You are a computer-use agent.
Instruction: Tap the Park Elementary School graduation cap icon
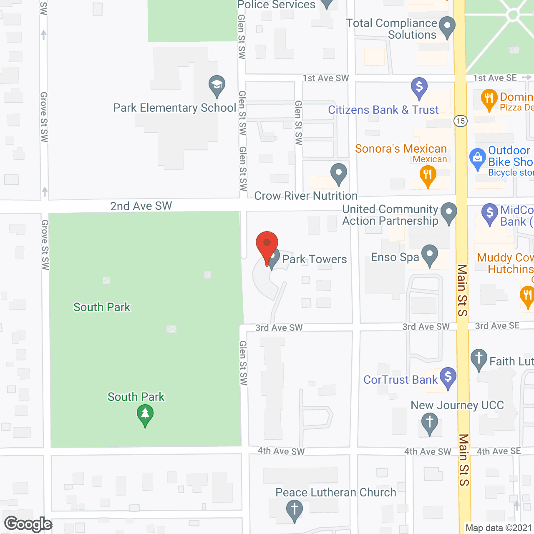217,86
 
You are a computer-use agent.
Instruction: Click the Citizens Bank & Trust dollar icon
419,88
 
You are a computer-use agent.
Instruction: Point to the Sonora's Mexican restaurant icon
428,175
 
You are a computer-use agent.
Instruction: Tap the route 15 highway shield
460,121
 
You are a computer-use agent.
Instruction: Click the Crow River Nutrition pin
338,173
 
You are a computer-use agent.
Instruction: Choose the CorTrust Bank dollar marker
448,377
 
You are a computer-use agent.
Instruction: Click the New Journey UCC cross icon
429,423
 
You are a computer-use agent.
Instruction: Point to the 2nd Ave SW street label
141,206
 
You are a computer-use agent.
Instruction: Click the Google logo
28,524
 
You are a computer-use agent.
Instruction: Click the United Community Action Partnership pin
448,213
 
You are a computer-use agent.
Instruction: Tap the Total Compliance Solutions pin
447,26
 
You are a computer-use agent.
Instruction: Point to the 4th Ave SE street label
499,451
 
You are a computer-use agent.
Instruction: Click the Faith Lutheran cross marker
479,359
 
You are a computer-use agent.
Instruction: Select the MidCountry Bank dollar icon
489,214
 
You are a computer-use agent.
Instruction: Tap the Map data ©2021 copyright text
499,528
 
